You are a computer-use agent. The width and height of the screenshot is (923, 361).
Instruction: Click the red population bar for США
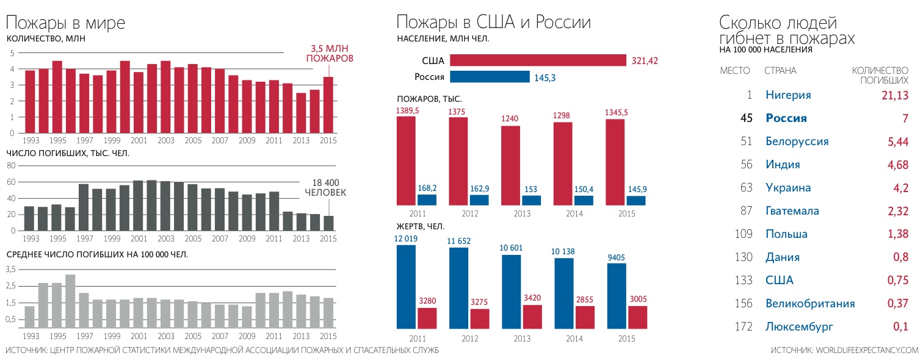tap(538, 60)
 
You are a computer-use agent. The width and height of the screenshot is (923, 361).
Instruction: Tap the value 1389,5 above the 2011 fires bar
tap(408, 110)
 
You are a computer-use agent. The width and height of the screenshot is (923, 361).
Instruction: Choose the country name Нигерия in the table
tap(788, 95)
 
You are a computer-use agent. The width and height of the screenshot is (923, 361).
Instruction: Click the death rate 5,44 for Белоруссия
tap(896, 141)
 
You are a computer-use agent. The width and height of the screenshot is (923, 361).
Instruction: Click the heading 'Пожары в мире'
tap(66, 23)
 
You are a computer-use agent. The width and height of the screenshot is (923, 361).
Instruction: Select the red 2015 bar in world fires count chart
tap(328, 105)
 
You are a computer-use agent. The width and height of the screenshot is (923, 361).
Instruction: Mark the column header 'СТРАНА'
tap(780, 71)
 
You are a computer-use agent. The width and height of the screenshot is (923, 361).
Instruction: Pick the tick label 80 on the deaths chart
tap(10, 166)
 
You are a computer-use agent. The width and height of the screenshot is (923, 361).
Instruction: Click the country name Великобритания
tap(810, 304)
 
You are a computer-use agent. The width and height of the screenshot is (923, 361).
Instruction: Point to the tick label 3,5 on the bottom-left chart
tap(10, 270)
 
